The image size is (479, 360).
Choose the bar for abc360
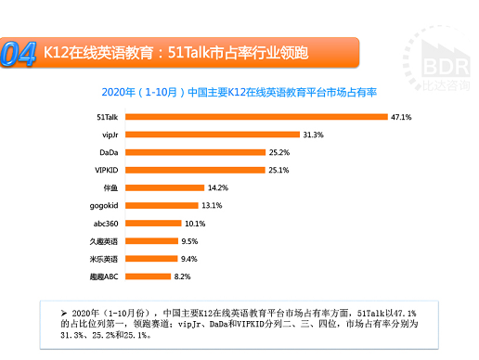tap(151, 223)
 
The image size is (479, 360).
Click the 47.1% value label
tap(401, 117)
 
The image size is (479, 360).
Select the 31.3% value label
tap(312, 135)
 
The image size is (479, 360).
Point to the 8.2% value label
tap(183, 276)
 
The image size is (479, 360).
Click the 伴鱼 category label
tap(108, 186)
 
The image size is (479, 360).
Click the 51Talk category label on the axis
tap(106, 117)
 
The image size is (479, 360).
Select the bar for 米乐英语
tap(149, 258)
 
